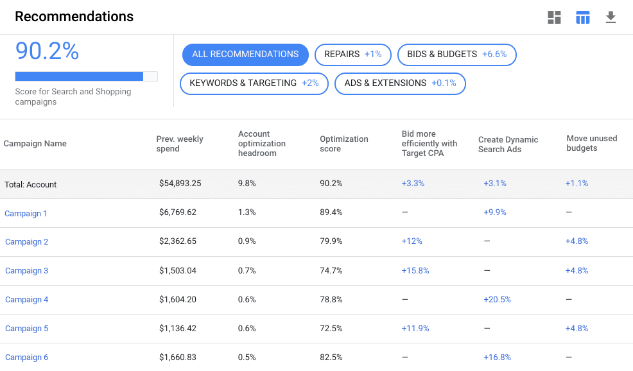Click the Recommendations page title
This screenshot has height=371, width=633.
74,17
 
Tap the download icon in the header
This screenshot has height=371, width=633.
611,17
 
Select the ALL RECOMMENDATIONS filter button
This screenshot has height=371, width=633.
245,55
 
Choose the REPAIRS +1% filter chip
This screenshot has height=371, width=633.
352,55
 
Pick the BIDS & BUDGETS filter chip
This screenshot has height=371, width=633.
456,55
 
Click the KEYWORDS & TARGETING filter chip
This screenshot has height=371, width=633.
254,83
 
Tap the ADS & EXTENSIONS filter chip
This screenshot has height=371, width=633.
400,83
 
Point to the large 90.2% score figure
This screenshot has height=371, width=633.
47,51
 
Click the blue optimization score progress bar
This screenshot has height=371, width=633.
79,76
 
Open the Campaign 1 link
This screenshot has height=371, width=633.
26,214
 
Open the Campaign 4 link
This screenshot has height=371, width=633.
26,300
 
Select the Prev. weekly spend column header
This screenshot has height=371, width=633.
180,144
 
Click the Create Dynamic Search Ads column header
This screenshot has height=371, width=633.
508,144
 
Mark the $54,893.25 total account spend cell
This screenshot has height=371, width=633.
180,184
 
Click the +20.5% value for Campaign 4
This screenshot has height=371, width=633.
497,300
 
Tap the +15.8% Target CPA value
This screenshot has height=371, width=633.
415,271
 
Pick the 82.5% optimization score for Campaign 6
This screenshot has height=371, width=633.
331,358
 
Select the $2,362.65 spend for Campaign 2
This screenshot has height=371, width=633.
178,242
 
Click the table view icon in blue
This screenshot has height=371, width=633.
582,17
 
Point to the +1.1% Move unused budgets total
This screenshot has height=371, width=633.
577,184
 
